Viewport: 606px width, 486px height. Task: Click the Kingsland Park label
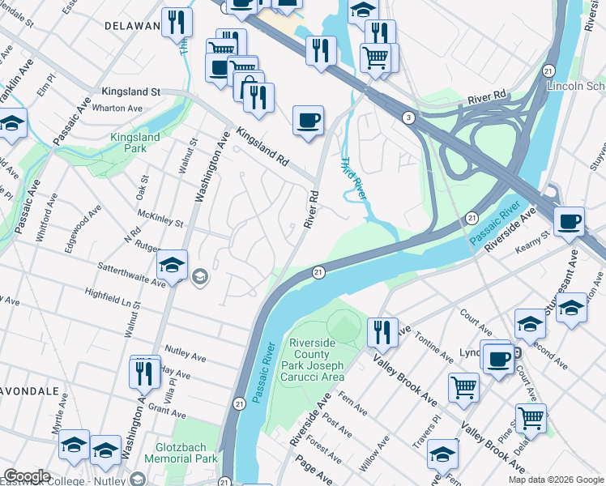[135, 144]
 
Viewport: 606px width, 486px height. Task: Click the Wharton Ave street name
[117, 108]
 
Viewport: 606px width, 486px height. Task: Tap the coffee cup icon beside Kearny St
[570, 220]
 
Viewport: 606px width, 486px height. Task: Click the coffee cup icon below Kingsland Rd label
[308, 121]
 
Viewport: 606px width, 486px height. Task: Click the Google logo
[27, 477]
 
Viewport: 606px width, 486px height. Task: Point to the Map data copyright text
[555, 480]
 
